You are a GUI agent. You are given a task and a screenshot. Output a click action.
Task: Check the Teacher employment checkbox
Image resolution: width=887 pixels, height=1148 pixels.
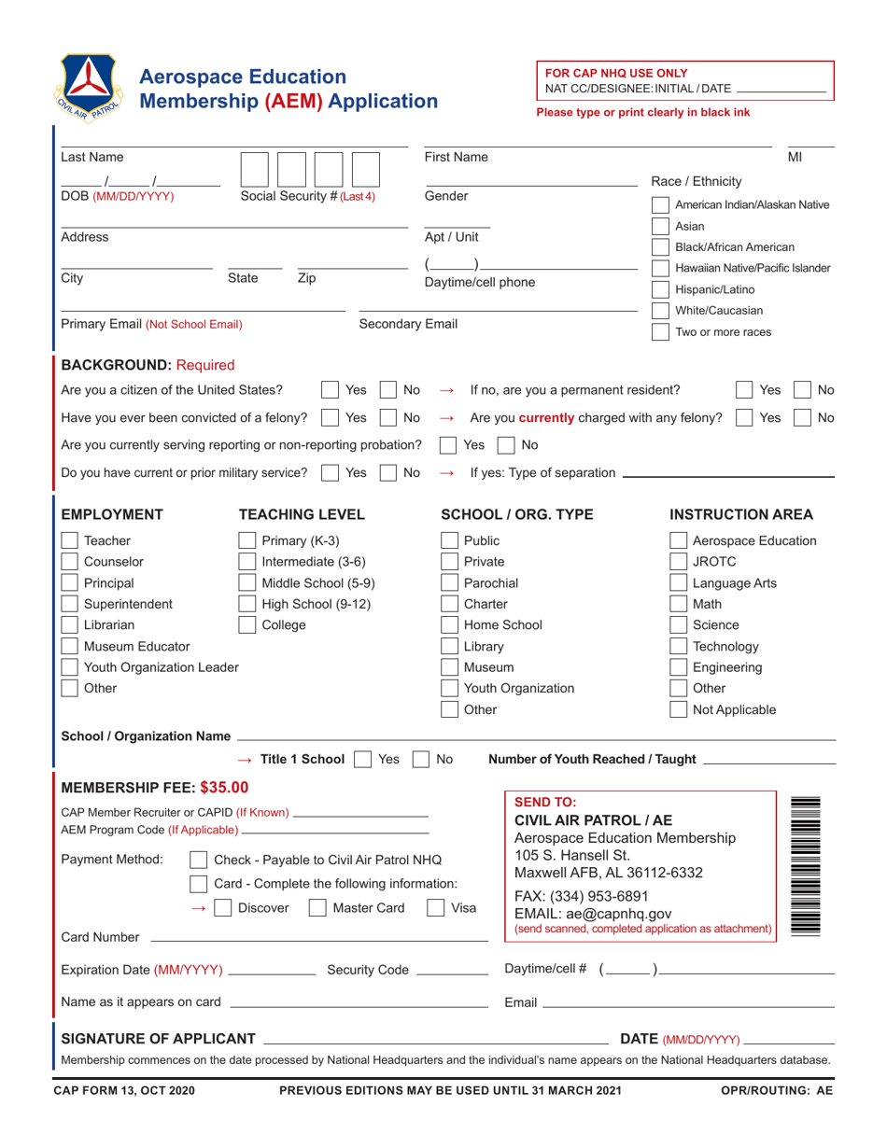[x=70, y=540]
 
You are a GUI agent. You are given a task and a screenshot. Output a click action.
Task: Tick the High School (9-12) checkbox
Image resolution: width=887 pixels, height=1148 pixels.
[x=247, y=604]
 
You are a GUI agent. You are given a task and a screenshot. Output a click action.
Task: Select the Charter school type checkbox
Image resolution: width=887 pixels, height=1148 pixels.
[x=449, y=604]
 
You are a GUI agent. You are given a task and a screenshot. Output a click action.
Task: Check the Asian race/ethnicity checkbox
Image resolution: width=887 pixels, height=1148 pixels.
[x=659, y=227]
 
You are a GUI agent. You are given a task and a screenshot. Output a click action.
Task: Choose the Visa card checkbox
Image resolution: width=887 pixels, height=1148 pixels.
[x=435, y=907]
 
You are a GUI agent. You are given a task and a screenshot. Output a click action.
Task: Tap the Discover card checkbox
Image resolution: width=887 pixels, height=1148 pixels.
[x=223, y=907]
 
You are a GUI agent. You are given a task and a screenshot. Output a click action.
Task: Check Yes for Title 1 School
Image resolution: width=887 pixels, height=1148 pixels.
[x=363, y=760]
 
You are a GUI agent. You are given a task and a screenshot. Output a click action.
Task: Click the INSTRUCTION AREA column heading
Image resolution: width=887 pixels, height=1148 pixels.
[x=741, y=514]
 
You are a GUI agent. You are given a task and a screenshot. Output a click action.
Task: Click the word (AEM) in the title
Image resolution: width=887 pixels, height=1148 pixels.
[x=296, y=101]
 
